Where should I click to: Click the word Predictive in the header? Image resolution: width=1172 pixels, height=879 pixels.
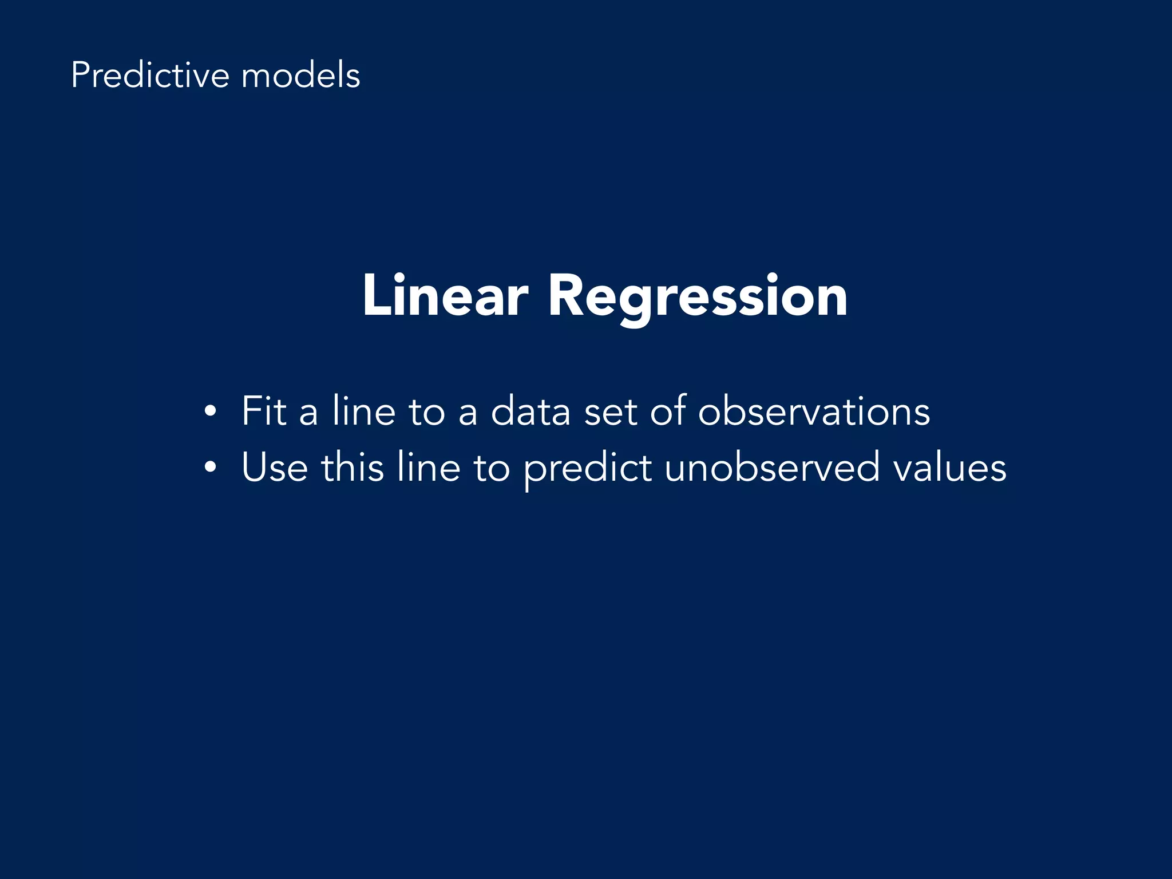coord(150,76)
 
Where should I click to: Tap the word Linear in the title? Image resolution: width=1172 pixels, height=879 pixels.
coord(445,296)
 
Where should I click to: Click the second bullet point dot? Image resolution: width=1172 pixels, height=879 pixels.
coord(211,468)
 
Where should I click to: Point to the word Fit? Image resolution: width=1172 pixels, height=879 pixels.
coord(264,411)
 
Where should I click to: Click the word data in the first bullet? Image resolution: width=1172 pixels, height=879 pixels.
coord(530,411)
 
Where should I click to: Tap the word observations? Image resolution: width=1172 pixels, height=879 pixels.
coord(814,411)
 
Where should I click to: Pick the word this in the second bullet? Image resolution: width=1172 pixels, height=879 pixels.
coord(352,468)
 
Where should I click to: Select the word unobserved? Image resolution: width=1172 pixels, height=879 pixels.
coord(771,468)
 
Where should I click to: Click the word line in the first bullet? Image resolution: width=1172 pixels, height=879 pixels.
coord(364,411)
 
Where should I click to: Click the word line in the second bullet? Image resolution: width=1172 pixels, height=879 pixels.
coord(429,468)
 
